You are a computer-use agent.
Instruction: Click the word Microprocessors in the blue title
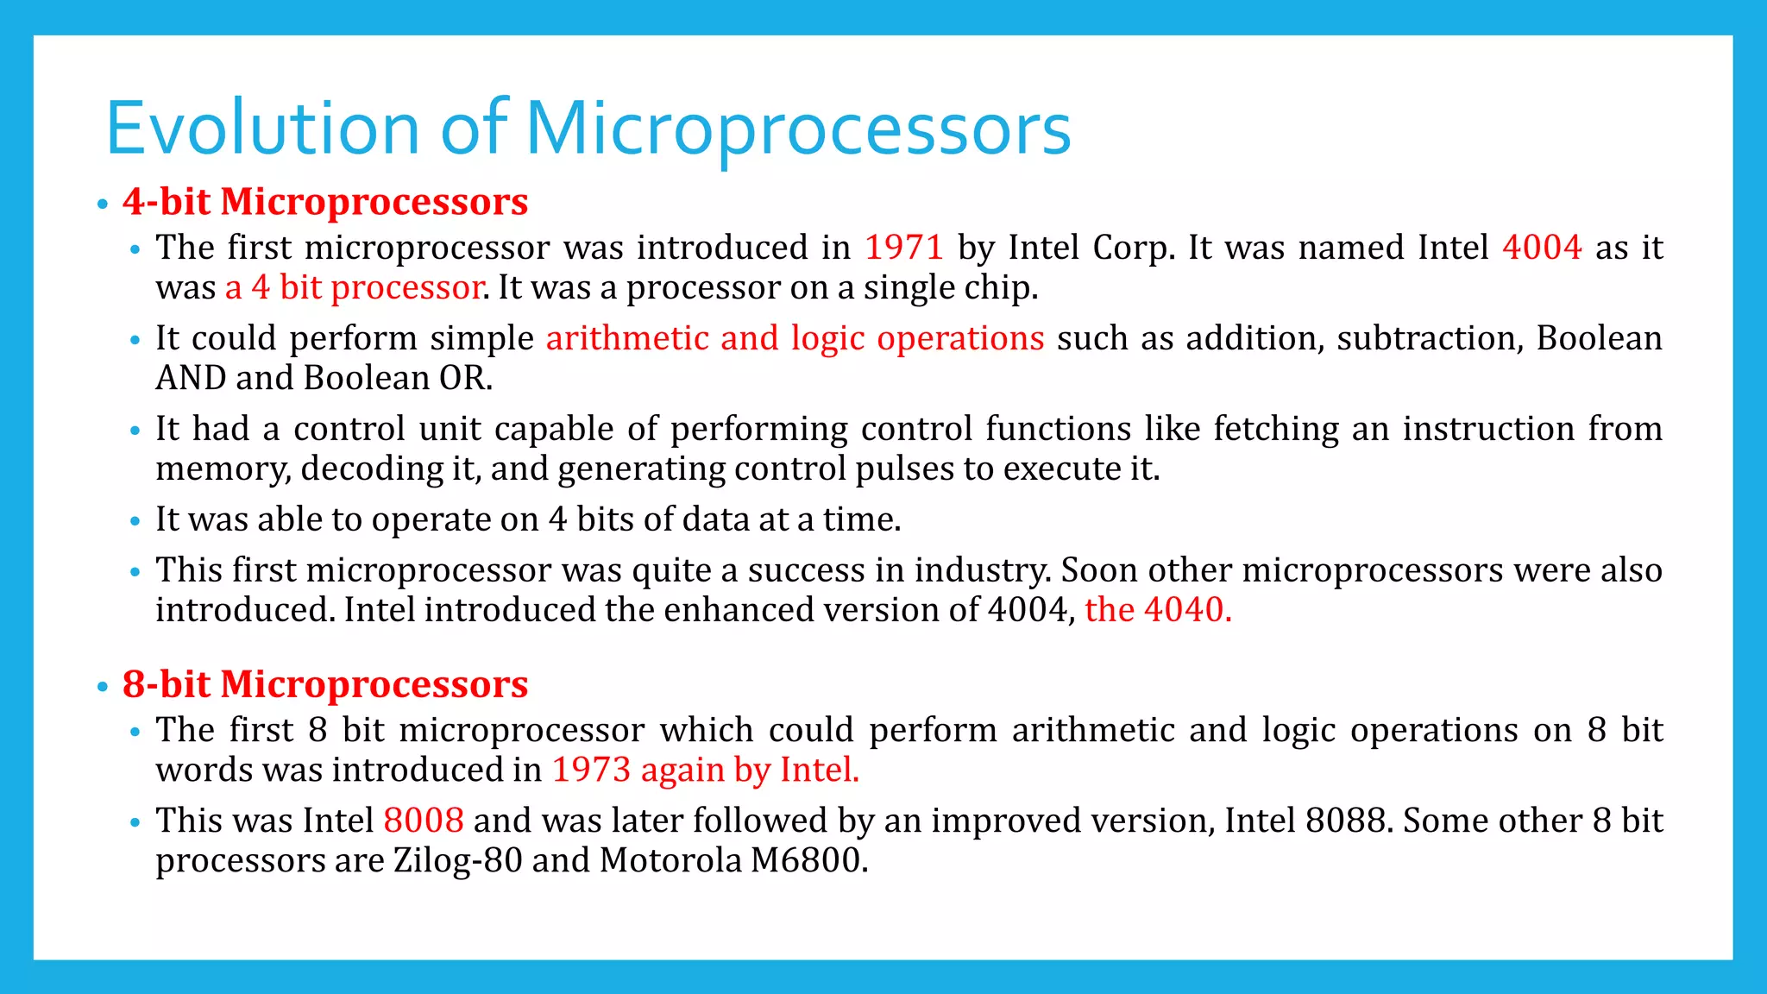pyautogui.click(x=798, y=129)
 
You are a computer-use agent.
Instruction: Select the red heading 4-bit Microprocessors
pyautogui.click(x=324, y=202)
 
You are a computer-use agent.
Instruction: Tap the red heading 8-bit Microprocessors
pyautogui.click(x=324, y=684)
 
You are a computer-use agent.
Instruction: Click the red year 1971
pyautogui.click(x=903, y=248)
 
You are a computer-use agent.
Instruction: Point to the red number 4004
pyautogui.click(x=1541, y=248)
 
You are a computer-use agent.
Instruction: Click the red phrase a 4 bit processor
pyautogui.click(x=354, y=287)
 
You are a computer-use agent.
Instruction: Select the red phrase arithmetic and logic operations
pyautogui.click(x=795, y=338)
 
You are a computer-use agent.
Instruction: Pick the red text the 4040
pyautogui.click(x=1157, y=610)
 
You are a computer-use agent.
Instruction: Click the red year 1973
pyautogui.click(x=591, y=770)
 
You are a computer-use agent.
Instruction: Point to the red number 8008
pyautogui.click(x=423, y=821)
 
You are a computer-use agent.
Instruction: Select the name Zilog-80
pyautogui.click(x=457, y=860)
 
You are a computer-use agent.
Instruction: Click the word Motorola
pyautogui.click(x=670, y=860)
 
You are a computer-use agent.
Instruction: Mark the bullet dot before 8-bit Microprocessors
pyautogui.click(x=103, y=687)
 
